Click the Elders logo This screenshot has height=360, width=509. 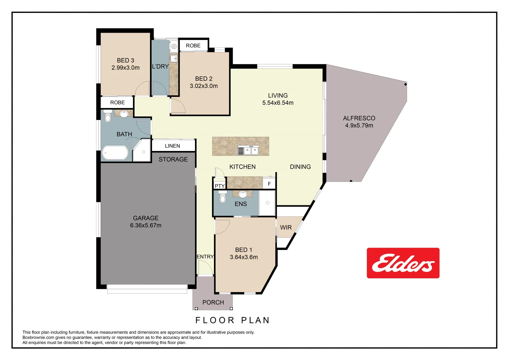[403, 263]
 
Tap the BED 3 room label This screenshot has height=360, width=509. [125, 60]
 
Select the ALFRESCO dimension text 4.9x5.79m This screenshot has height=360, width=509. [359, 126]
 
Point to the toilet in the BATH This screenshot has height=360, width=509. [108, 117]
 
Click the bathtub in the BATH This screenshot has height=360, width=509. [115, 153]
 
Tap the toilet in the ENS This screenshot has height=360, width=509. [223, 198]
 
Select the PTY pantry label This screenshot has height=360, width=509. [220, 186]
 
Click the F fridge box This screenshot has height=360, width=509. [269, 184]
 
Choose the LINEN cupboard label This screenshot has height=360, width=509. [172, 146]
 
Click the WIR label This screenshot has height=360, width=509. [286, 228]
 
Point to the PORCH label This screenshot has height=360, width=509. [213, 302]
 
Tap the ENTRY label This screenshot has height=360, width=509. [205, 257]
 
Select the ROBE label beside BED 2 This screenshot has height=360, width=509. [193, 46]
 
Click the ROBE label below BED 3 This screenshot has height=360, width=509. [117, 103]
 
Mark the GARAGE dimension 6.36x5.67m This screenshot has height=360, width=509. [146, 226]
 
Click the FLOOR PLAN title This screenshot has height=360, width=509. [232, 320]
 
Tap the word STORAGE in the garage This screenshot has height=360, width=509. [173, 159]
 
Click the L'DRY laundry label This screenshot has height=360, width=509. [160, 67]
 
